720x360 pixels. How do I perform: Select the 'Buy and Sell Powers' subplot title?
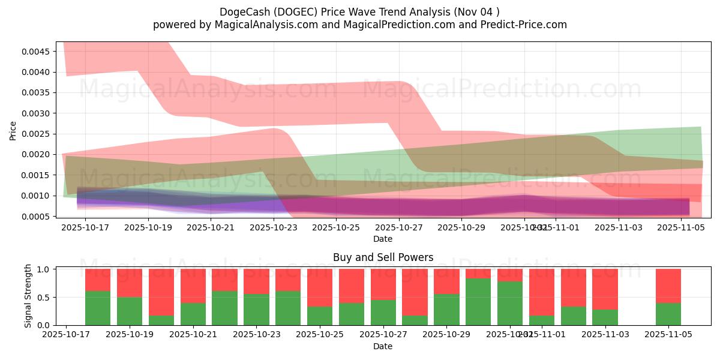[x=383, y=257]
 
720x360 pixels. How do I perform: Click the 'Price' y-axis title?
[x=13, y=130]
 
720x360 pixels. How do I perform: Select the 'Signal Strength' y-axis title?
[x=28, y=296]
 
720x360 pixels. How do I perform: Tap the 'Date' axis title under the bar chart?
[x=383, y=346]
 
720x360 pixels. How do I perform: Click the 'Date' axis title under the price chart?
[x=383, y=239]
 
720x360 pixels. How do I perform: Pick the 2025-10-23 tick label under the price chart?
[x=274, y=227]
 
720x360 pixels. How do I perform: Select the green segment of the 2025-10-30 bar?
[x=478, y=302]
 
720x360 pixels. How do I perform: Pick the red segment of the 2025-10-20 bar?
[x=161, y=292]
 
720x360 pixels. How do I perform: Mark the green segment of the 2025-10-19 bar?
[x=130, y=311]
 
